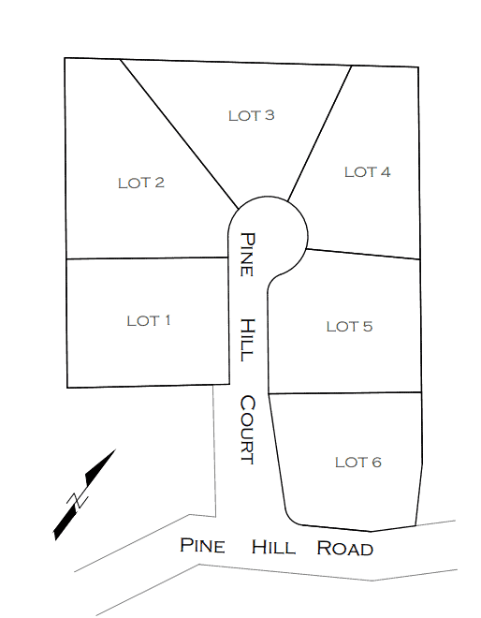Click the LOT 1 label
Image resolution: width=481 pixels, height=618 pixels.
[149, 321]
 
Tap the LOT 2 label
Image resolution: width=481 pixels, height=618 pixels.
[141, 183]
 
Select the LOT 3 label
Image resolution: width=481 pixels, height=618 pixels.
[252, 115]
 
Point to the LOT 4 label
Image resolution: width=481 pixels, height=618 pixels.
[368, 172]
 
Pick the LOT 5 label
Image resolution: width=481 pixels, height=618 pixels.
[349, 327]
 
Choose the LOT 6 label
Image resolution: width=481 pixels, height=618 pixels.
[358, 463]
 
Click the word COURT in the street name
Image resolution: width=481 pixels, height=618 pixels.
[248, 430]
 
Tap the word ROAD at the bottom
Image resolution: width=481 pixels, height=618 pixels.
[344, 549]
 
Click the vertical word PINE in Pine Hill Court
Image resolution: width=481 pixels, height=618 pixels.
[248, 255]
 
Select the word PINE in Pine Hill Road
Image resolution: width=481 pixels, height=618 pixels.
[202, 546]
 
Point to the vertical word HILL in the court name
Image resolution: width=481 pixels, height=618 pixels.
[248, 340]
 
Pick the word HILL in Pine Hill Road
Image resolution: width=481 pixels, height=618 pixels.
[273, 548]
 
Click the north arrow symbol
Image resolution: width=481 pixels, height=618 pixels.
[84, 495]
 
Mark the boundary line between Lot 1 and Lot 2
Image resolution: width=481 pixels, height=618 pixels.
[147, 258]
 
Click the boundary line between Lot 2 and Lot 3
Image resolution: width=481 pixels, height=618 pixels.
[180, 134]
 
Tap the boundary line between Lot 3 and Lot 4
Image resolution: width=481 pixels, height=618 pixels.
[319, 134]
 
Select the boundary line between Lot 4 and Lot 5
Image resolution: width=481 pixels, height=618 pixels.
[363, 254]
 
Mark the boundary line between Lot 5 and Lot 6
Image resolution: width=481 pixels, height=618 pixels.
[344, 393]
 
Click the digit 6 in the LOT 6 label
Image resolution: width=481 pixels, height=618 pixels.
[376, 463]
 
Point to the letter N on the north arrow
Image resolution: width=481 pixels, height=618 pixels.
[78, 501]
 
